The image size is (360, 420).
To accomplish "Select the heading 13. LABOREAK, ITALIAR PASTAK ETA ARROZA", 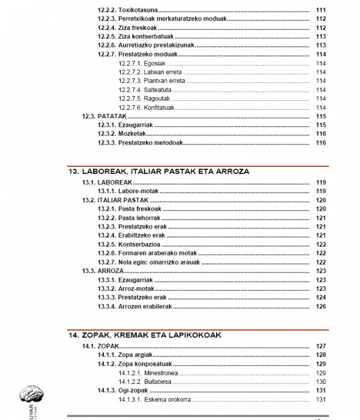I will click(158, 172).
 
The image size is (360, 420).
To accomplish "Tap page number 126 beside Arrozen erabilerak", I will click(320, 307).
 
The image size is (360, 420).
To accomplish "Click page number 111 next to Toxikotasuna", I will click(320, 10).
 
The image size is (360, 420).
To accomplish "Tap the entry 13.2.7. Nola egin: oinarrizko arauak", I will click(149, 262).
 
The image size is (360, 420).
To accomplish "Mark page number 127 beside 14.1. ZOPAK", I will click(320, 346).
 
